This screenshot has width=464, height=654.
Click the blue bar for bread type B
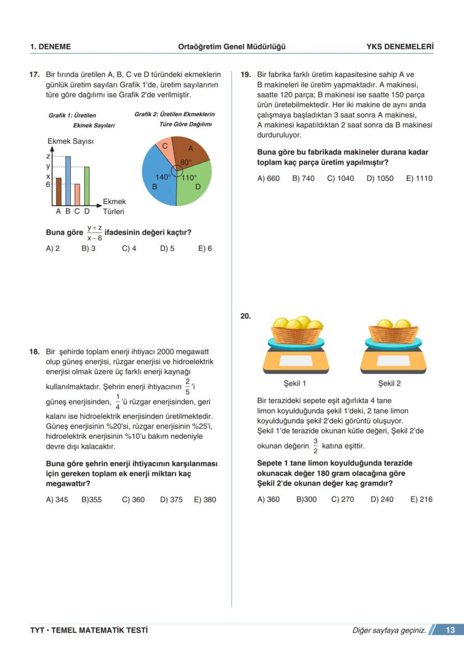pyautogui.click(x=68, y=181)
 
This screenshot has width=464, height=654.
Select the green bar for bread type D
pyautogui.click(x=87, y=186)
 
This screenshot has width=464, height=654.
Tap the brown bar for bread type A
pyautogui.click(x=58, y=192)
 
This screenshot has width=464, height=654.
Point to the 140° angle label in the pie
pyautogui.click(x=163, y=177)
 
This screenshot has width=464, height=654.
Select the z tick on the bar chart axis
pyautogui.click(x=48, y=156)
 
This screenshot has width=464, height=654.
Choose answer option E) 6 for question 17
pyautogui.click(x=205, y=248)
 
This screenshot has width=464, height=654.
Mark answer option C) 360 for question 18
pyautogui.click(x=133, y=500)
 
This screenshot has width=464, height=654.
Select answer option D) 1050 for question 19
pyautogui.click(x=380, y=178)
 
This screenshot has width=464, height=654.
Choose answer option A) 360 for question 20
pyautogui.click(x=268, y=499)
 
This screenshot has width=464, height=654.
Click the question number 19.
pyautogui.click(x=245, y=74)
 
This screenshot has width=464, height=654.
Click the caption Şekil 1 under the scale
pyautogui.click(x=295, y=384)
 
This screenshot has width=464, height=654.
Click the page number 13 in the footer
pyautogui.click(x=450, y=630)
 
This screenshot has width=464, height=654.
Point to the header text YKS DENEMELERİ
pyautogui.click(x=400, y=47)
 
